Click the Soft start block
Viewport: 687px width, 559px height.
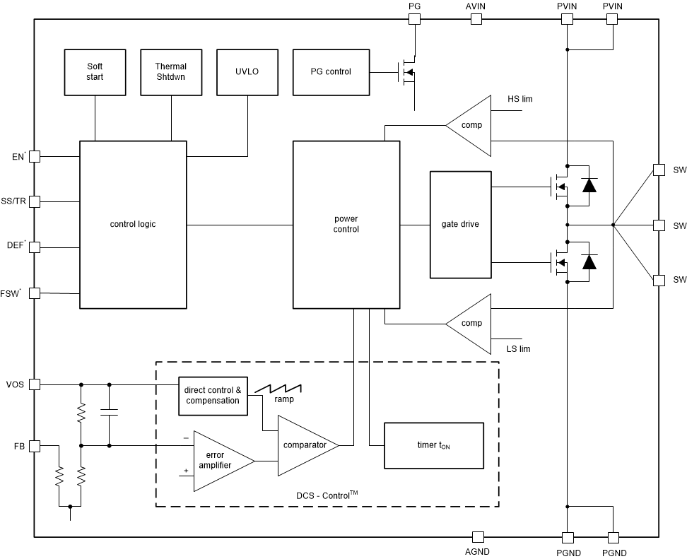coord(94,72)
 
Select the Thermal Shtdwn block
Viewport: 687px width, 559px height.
coord(170,72)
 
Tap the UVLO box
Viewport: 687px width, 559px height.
coord(247,72)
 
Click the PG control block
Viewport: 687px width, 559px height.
coord(330,72)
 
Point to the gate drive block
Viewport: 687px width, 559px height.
coord(460,225)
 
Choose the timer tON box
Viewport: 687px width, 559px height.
coord(433,446)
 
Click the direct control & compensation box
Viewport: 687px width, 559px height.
coord(213,396)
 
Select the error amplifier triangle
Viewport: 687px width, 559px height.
coord(219,461)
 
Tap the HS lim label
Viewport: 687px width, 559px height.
coord(520,100)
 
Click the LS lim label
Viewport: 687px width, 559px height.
coord(519,349)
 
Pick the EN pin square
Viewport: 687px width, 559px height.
coord(34,156)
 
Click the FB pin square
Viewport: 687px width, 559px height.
coord(34,446)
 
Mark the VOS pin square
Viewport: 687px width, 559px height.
coord(34,385)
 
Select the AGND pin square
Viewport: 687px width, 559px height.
coord(478,537)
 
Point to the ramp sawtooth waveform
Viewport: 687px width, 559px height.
coord(278,389)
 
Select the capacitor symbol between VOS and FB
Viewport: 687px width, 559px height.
coord(109,413)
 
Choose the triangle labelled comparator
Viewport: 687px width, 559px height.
coord(305,445)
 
